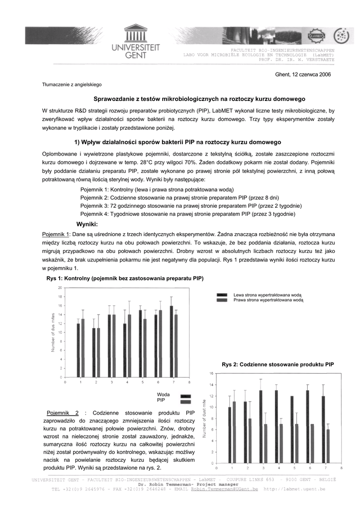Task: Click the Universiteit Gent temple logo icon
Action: click(135, 33)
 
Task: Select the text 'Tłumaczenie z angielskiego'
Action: click(72, 85)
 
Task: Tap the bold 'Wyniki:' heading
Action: click(87, 224)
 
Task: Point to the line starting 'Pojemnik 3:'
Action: click(191, 205)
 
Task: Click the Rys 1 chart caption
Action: click(125, 278)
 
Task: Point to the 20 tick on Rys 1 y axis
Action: click(60, 288)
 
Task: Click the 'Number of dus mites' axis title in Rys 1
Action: click(53, 332)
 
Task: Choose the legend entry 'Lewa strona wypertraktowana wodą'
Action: click(268, 295)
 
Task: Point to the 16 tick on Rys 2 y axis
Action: click(211, 373)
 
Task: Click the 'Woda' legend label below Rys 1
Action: click(163, 394)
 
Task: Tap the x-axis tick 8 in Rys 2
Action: click(341, 468)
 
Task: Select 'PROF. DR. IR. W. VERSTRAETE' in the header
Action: click(296, 60)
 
